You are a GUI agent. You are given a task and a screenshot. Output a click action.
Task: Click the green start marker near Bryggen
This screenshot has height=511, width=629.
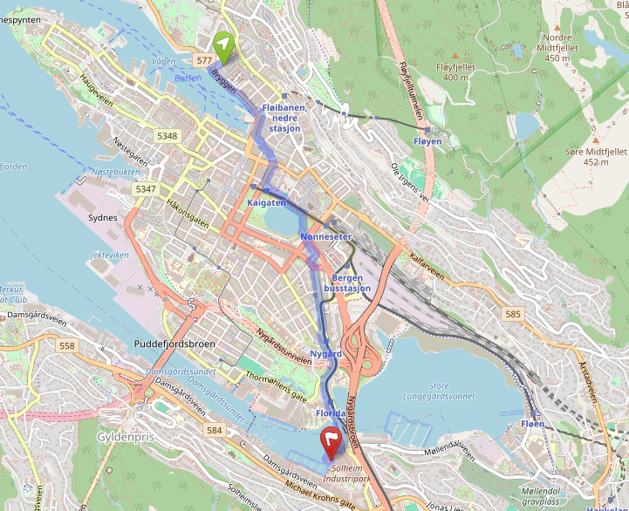point(224,46)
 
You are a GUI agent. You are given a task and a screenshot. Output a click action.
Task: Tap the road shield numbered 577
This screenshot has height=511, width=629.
point(205,60)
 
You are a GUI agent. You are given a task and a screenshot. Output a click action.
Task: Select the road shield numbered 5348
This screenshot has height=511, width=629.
point(168,136)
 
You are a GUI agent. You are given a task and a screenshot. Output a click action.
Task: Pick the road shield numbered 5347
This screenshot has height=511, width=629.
point(146,189)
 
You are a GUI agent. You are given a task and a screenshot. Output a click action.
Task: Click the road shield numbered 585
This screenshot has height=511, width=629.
point(513,313)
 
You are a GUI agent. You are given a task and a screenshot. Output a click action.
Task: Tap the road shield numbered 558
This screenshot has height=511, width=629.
point(67,346)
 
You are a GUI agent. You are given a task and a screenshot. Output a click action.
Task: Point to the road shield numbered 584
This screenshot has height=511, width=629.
point(215,431)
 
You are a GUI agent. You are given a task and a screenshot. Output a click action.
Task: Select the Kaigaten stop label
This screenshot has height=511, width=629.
point(267,202)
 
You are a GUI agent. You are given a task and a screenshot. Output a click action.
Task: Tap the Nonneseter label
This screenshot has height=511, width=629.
point(325,236)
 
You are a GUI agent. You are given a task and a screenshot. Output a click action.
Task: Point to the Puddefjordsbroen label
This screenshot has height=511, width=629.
point(174,344)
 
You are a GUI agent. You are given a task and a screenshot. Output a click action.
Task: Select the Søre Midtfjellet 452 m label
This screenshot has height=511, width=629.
point(596,155)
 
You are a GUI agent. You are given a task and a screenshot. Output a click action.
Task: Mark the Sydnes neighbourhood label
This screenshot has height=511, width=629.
point(103,217)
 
